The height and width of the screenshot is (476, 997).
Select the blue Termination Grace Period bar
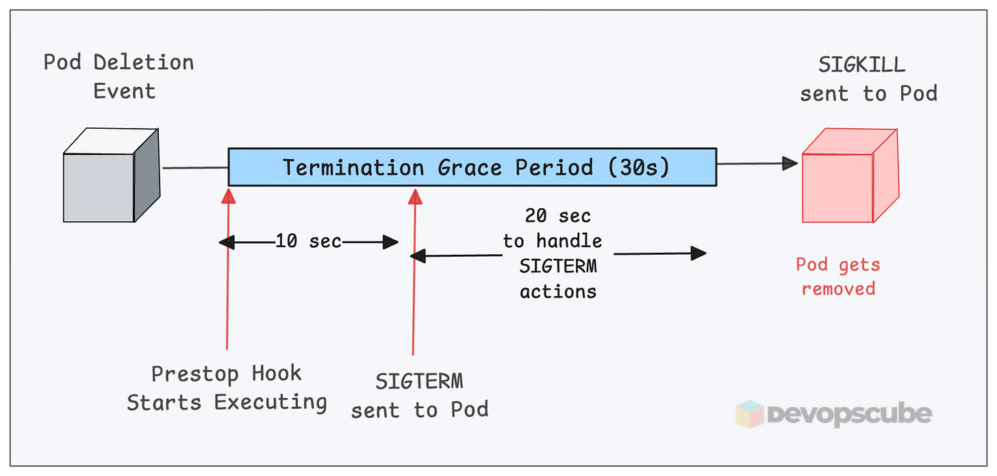[472, 166]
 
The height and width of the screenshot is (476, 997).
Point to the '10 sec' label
[308, 242]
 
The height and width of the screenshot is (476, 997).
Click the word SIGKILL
[862, 65]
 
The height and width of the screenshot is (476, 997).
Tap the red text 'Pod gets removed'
[838, 276]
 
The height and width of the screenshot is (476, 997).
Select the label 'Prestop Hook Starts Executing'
[227, 388]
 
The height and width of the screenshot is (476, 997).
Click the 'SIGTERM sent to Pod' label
[420, 395]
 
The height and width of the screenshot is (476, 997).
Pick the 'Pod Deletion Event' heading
[118, 75]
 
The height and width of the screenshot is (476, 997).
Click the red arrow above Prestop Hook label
[227, 274]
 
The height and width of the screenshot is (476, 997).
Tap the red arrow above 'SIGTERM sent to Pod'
[414, 274]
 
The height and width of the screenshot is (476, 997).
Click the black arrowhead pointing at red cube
[790, 164]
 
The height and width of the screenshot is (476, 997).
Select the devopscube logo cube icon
[748, 414]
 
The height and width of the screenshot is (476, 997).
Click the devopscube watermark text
[849, 414]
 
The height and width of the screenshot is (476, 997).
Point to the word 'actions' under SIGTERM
[558, 291]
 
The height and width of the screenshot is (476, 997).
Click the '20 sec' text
[557, 216]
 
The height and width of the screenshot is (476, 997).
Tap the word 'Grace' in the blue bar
[468, 167]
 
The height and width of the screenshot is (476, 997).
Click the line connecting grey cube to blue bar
[194, 167]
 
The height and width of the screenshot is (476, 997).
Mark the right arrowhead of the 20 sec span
[698, 253]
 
